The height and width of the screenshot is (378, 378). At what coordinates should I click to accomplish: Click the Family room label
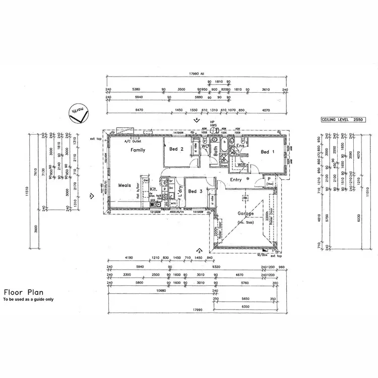(138, 150)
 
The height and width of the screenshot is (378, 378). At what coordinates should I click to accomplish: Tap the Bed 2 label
(176, 149)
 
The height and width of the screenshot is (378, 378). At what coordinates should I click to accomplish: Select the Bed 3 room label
(195, 192)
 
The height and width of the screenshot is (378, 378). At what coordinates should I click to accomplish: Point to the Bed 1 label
(267, 152)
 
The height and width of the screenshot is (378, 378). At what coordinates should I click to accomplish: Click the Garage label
(246, 213)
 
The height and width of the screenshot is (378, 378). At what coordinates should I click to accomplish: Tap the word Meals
(124, 185)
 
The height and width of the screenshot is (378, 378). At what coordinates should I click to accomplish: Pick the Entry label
(237, 180)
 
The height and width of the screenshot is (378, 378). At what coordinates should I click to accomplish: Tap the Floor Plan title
(24, 292)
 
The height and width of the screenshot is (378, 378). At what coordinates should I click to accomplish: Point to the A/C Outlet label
(134, 142)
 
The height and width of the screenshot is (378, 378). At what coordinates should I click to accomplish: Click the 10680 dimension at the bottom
(161, 291)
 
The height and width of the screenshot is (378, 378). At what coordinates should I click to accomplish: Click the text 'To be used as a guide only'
(28, 299)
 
